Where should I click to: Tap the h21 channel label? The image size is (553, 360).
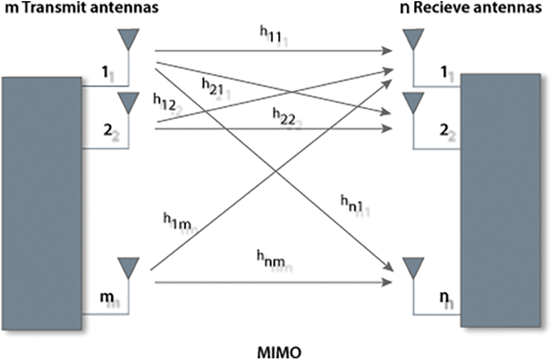pos(213,86)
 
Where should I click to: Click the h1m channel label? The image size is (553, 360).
pos(176,220)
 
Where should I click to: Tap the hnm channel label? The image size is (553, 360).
pos(271,258)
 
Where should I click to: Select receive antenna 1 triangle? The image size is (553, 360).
pos(413,39)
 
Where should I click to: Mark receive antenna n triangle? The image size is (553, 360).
pos(413,267)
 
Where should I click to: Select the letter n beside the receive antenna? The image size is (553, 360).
pos(443,297)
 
